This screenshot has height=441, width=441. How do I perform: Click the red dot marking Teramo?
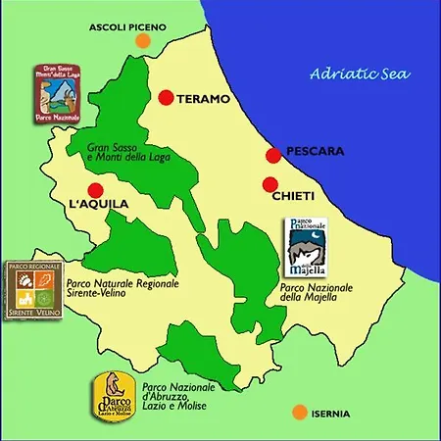pos(166,97)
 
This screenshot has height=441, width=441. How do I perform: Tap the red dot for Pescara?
pos(273,155)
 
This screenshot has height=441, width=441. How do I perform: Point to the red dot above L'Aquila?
pos(95,190)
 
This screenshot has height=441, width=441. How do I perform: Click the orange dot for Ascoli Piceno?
pos(143,41)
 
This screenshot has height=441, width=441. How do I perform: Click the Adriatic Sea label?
pos(359,73)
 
